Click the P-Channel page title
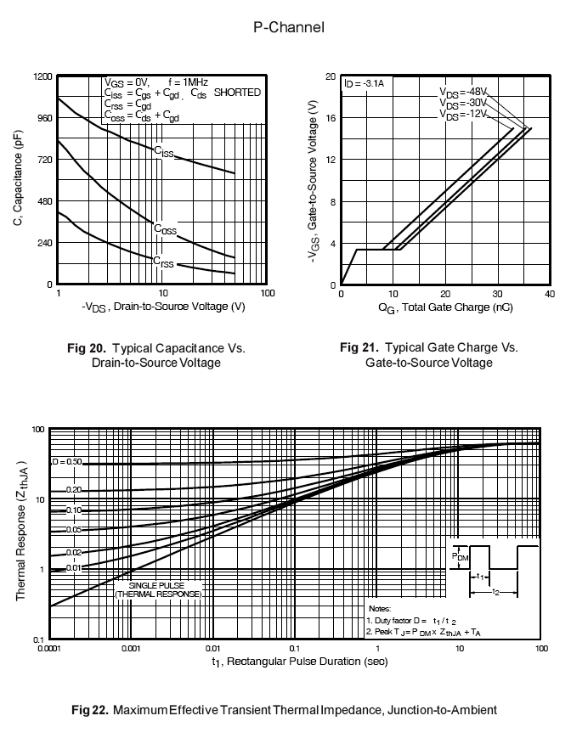[289, 28]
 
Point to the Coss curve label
[165, 228]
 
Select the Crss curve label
[163, 263]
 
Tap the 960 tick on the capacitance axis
[42, 118]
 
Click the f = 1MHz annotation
[190, 82]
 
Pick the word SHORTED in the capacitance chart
[237, 93]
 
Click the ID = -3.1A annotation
[365, 83]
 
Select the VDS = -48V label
[462, 92]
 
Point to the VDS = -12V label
[462, 115]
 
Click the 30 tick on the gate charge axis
[497, 294]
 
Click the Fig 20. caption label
[87, 348]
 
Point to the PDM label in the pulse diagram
[460, 555]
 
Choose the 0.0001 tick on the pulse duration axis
[49, 649]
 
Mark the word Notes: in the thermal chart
[380, 609]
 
